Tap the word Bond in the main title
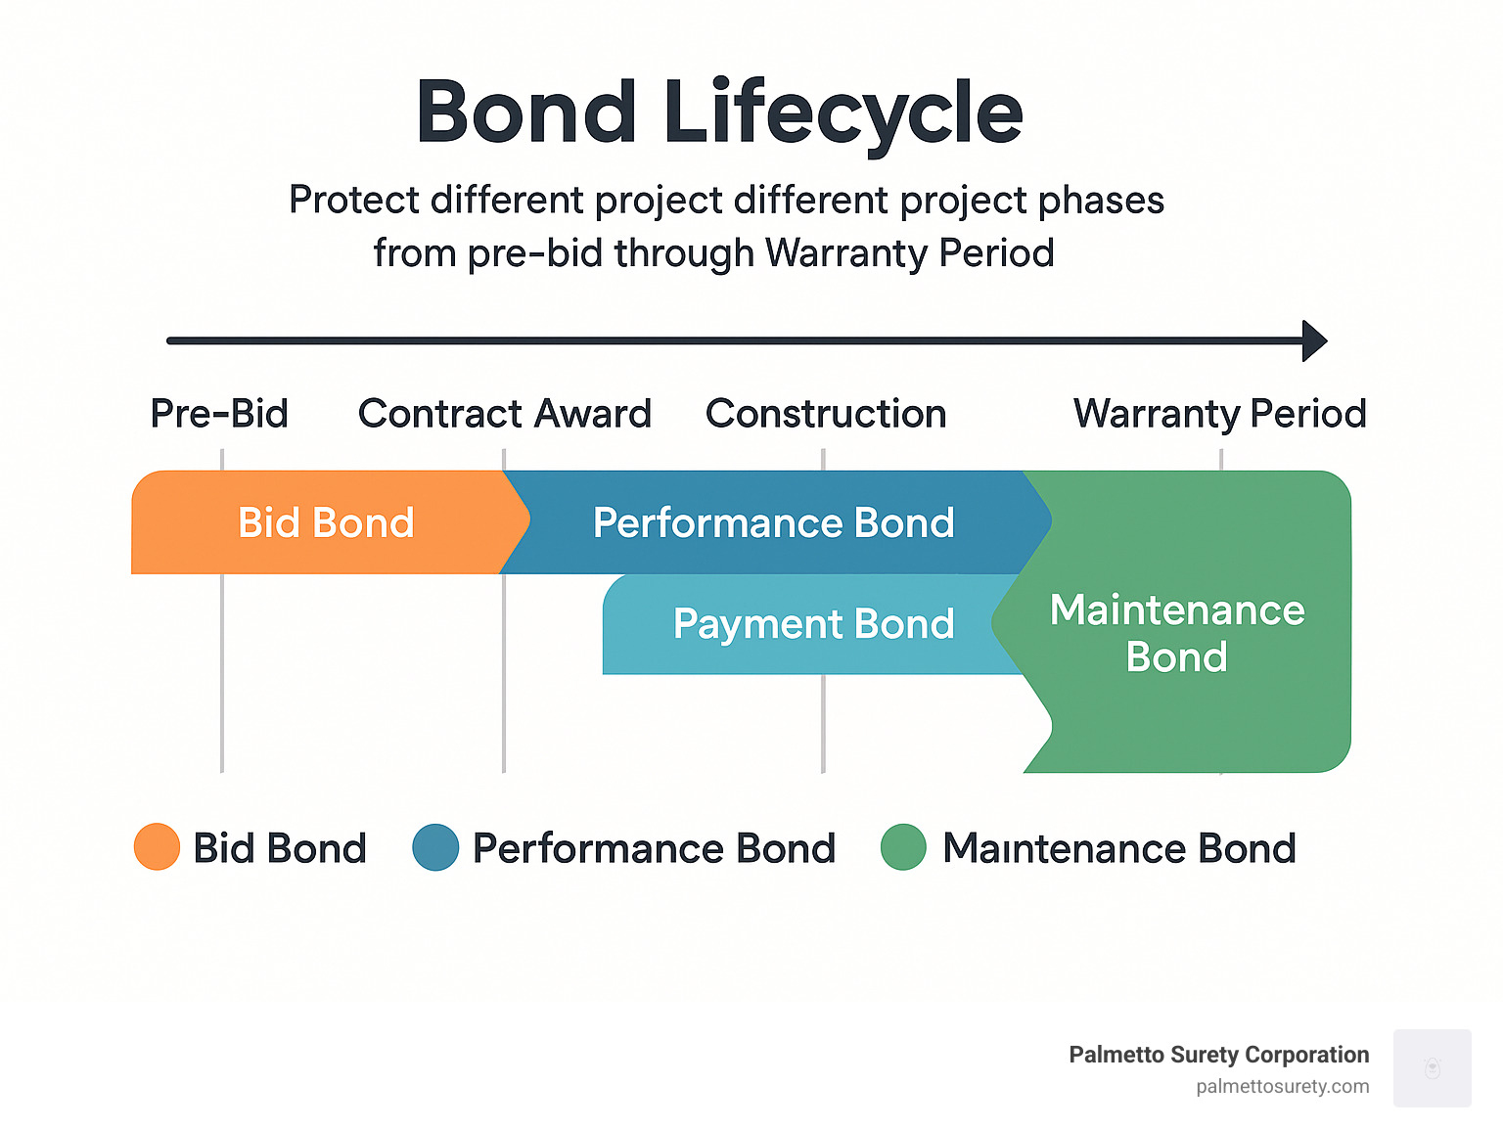pyautogui.click(x=527, y=113)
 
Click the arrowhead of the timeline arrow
pyautogui.click(x=1315, y=340)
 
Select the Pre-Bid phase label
pyautogui.click(x=219, y=414)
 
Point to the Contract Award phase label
pyautogui.click(x=505, y=414)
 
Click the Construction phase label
pyautogui.click(x=826, y=414)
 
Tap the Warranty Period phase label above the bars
pyautogui.click(x=1219, y=414)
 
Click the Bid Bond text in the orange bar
pyautogui.click(x=326, y=522)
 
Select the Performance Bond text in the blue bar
pyautogui.click(x=773, y=522)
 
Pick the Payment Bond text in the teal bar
pyautogui.click(x=813, y=624)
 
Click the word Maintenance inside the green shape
pyautogui.click(x=1177, y=610)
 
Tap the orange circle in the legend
pyautogui.click(x=157, y=847)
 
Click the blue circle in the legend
pyautogui.click(x=435, y=847)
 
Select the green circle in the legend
pyautogui.click(x=903, y=847)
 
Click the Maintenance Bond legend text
pyautogui.click(x=1118, y=848)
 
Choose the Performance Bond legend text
pyautogui.click(x=654, y=848)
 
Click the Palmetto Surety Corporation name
pyautogui.click(x=1218, y=1055)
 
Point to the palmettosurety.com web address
pyautogui.click(x=1282, y=1086)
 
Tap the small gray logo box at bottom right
pyautogui.click(x=1432, y=1067)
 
